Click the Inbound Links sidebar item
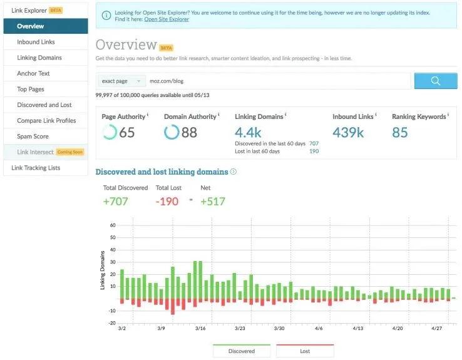click(x=36, y=42)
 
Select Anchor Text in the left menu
click(x=33, y=73)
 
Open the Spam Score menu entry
click(x=33, y=136)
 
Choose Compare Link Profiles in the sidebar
click(x=46, y=120)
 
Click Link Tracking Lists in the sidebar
click(x=36, y=168)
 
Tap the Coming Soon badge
click(x=69, y=152)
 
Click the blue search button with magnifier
click(x=435, y=81)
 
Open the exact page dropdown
click(x=121, y=81)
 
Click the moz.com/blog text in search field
click(x=167, y=81)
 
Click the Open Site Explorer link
click(x=167, y=19)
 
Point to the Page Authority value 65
click(x=126, y=132)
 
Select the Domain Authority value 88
click(x=188, y=132)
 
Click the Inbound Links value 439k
click(x=348, y=132)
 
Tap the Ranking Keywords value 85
click(x=399, y=132)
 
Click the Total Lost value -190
click(x=167, y=201)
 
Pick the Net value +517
click(x=212, y=201)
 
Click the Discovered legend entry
click(x=242, y=351)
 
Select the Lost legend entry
click(x=305, y=351)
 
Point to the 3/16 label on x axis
click(x=200, y=328)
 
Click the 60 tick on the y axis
click(x=113, y=225)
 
